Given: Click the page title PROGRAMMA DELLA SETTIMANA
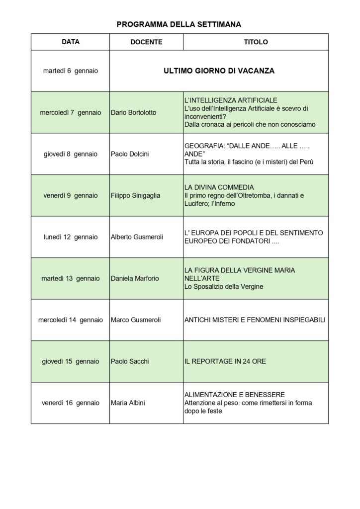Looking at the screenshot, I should point(179,24).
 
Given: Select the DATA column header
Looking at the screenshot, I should point(71,42).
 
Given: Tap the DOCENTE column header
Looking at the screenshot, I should point(146,42).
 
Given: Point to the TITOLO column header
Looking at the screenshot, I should point(256,42).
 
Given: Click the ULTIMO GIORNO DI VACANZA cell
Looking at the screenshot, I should point(219,71).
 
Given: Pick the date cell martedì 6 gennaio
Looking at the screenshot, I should point(71,71).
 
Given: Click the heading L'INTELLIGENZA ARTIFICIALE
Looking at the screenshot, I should point(231,100).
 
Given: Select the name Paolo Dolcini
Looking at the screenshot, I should point(129,154).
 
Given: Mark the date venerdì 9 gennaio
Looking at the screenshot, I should point(71,196).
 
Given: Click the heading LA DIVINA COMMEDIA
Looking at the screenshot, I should point(219,187).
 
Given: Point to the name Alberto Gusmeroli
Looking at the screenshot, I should point(136,237).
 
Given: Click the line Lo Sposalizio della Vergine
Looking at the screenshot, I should point(224,287).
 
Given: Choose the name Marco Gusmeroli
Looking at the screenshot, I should point(135,320).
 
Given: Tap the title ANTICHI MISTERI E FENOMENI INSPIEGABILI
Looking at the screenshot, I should point(255,320).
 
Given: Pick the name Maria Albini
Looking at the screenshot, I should point(128,403).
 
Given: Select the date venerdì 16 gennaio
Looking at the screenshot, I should point(71,403).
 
